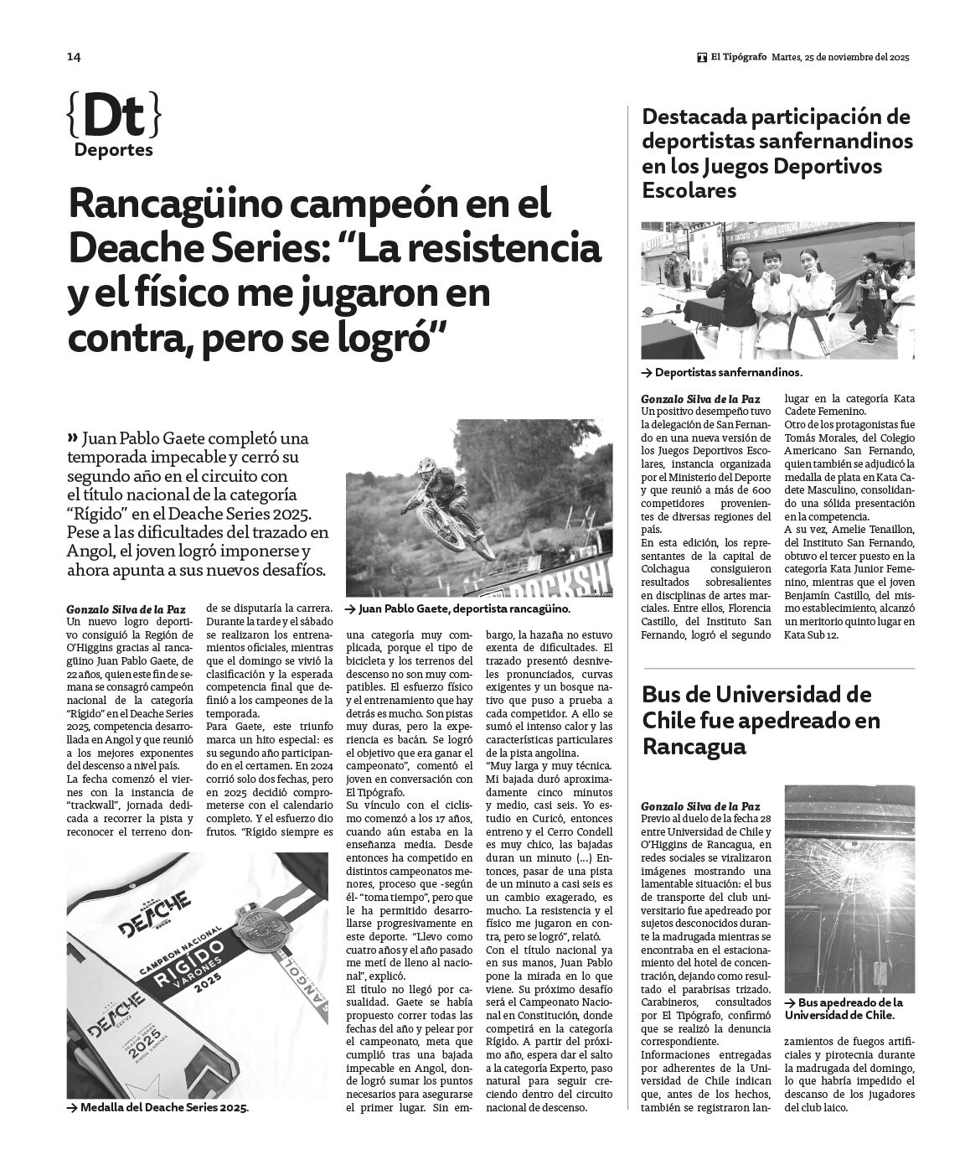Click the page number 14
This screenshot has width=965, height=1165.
pos(74,57)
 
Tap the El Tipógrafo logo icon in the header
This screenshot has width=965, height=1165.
pos(701,57)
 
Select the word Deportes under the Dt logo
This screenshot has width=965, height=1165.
pos(113,151)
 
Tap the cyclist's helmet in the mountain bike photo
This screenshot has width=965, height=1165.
pos(426,465)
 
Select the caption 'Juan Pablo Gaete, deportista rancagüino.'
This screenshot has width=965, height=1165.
pos(463,609)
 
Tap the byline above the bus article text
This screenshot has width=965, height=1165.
pos(700,806)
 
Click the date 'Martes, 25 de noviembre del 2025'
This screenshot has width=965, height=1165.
pos(840,57)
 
